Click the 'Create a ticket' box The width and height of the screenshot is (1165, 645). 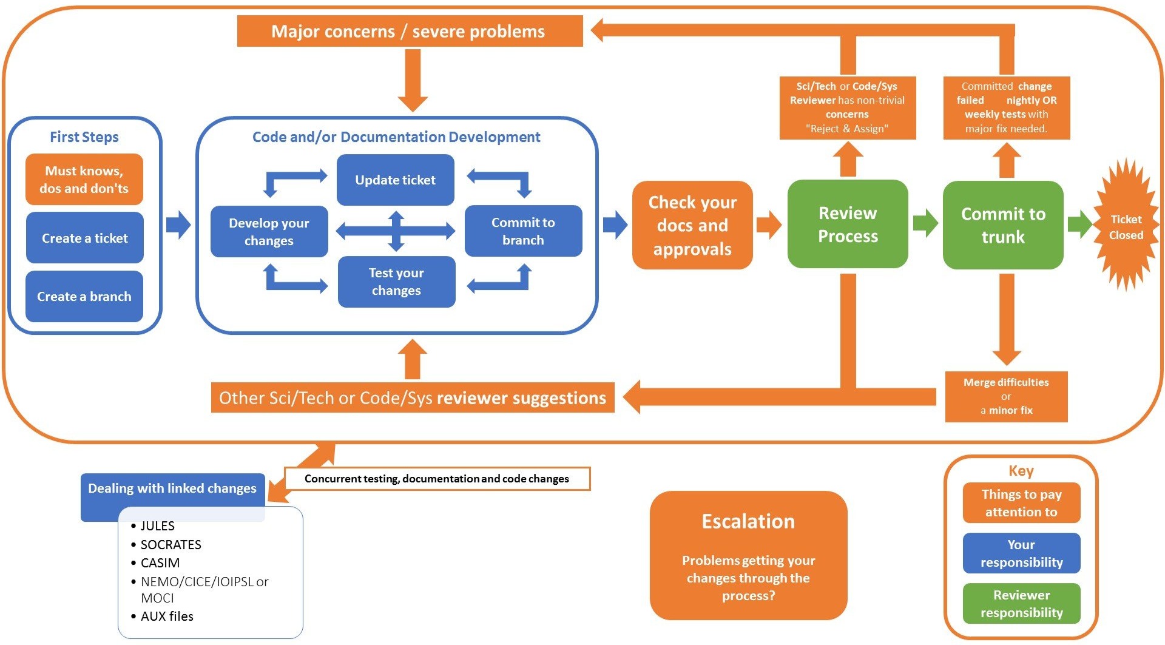pyautogui.click(x=84, y=238)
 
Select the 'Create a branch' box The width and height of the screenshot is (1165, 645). pyautogui.click(x=84, y=296)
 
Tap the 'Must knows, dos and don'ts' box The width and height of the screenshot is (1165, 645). pyautogui.click(x=84, y=180)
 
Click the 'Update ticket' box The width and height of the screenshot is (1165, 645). pyautogui.click(x=396, y=180)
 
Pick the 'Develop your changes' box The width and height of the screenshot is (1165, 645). pyautogui.click(x=269, y=232)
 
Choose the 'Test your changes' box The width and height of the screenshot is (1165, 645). pyautogui.click(x=396, y=282)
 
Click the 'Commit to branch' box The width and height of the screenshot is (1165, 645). pyautogui.click(x=523, y=231)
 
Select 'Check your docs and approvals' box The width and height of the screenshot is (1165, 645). pyautogui.click(x=692, y=225)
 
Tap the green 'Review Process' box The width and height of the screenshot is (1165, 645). pyautogui.click(x=848, y=224)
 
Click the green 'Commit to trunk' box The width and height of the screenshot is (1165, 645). pyautogui.click(x=1003, y=225)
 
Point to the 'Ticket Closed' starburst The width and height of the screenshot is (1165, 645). pyautogui.click(x=1126, y=226)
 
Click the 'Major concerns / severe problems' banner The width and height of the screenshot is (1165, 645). pyautogui.click(x=410, y=31)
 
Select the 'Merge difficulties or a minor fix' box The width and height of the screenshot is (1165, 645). pyautogui.click(x=1006, y=396)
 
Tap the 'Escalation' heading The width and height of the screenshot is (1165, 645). pyautogui.click(x=748, y=522)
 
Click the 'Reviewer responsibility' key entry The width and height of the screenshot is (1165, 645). pyautogui.click(x=1021, y=604)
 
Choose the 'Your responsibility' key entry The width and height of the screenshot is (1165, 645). pyautogui.click(x=1021, y=553)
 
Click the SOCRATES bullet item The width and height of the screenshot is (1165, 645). pyautogui.click(x=166, y=544)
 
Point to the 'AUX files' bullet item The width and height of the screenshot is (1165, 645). pyautogui.click(x=163, y=616)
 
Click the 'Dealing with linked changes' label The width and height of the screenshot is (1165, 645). pyautogui.click(x=172, y=488)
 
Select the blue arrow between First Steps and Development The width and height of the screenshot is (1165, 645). pyautogui.click(x=178, y=225)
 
